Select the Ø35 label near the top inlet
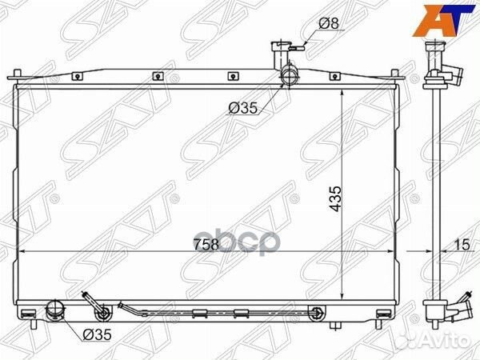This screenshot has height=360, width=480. pyautogui.click(x=243, y=108)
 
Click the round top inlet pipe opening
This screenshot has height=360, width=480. pyautogui.click(x=290, y=77)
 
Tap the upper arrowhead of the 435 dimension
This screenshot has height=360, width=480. pyautogui.click(x=342, y=94)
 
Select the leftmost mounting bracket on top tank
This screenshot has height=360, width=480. pyautogui.click(x=75, y=78)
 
